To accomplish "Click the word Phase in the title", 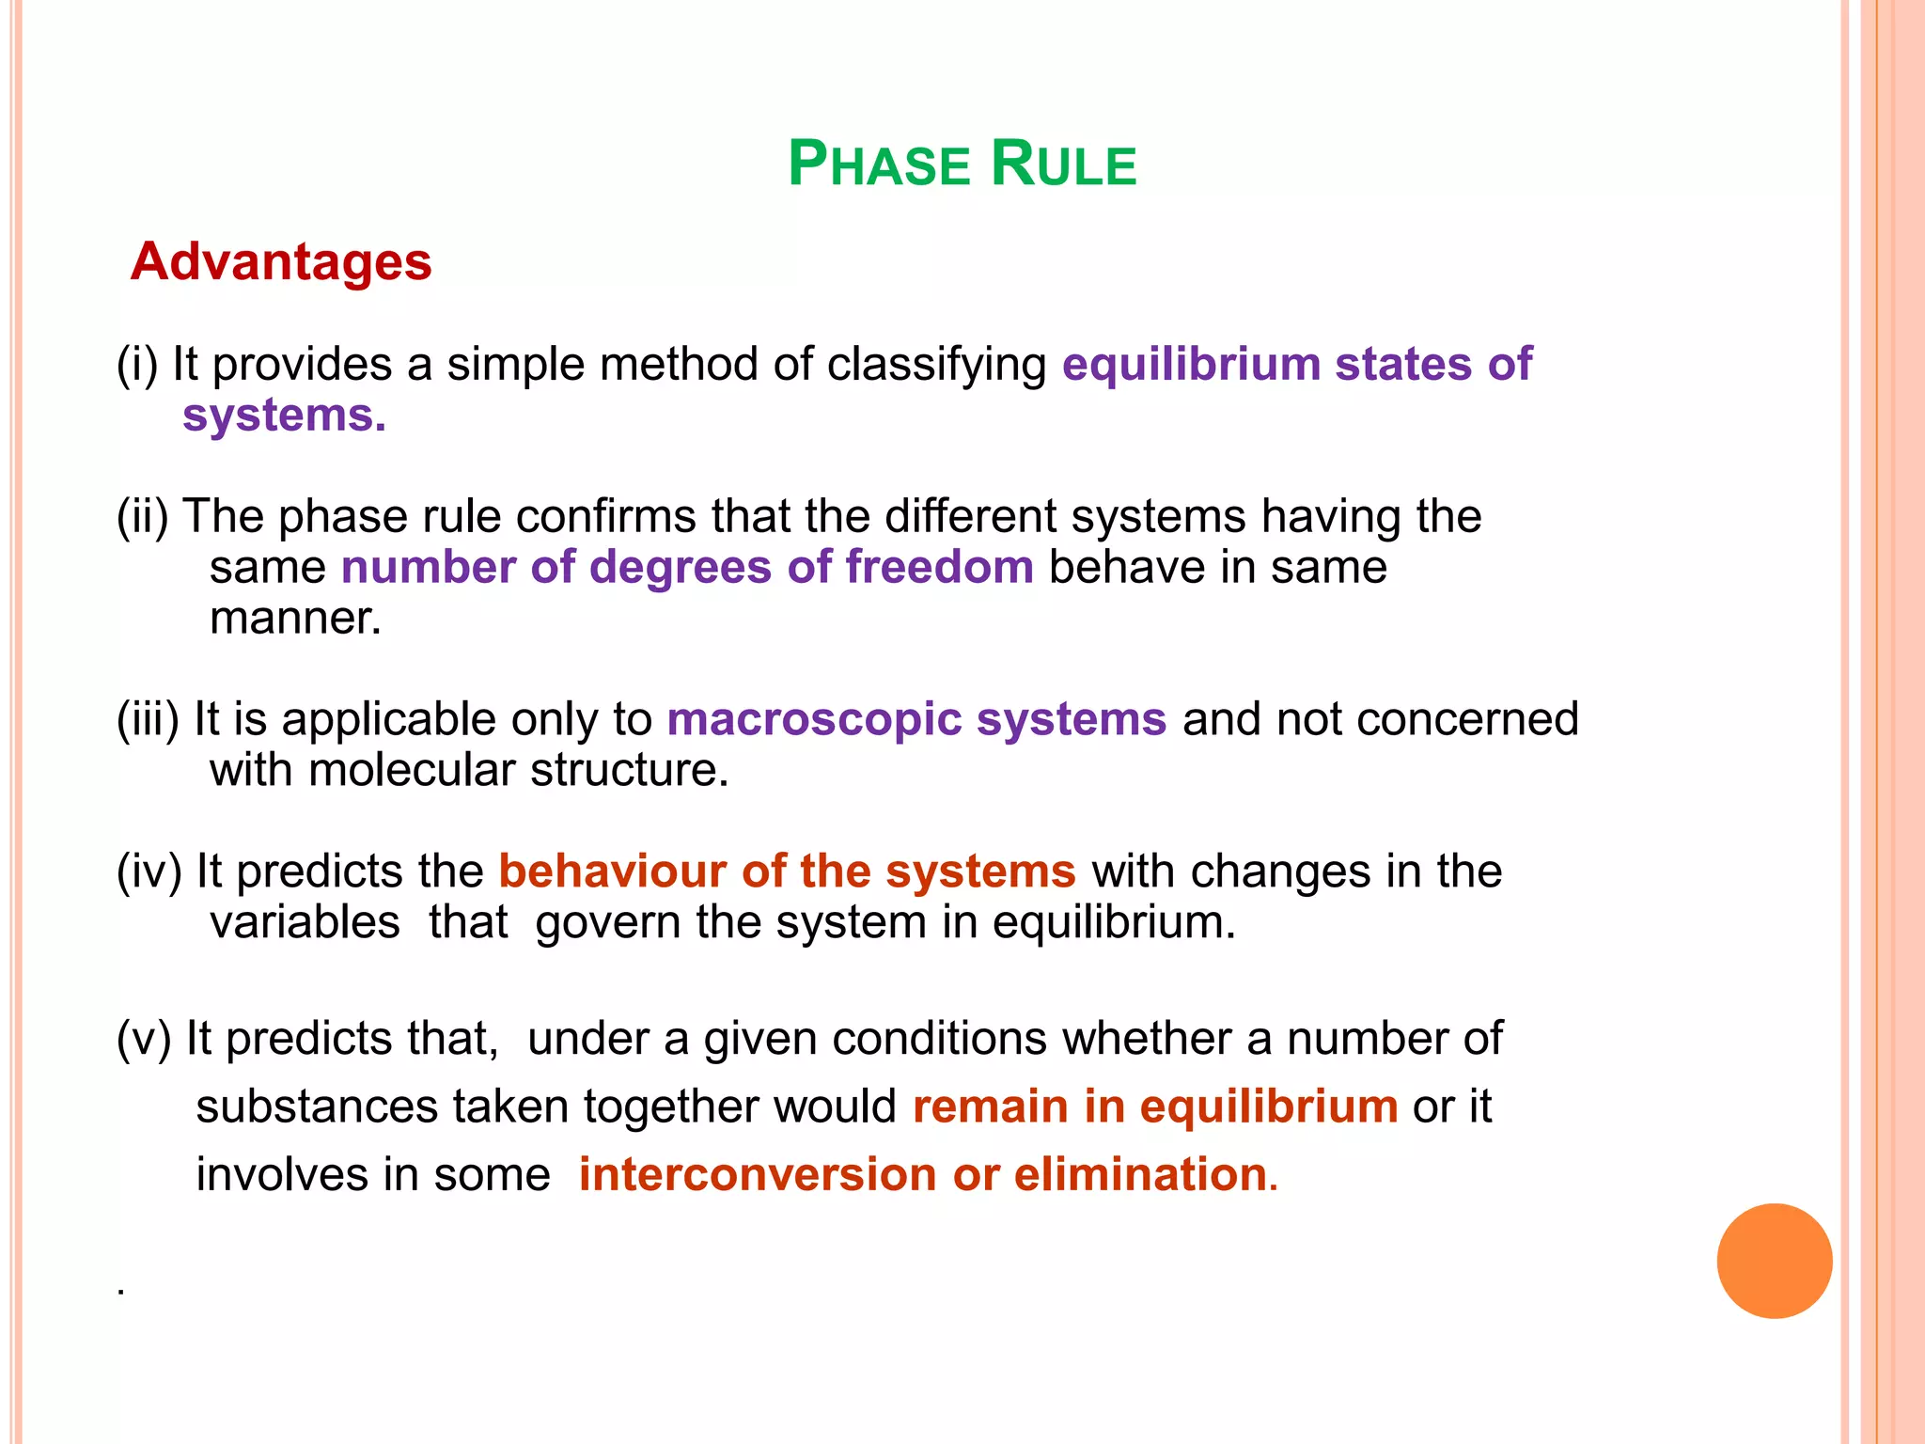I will [x=878, y=165].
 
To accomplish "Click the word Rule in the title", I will [x=1063, y=165].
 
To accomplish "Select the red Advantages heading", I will [x=281, y=261].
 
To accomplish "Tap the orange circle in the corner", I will [x=1774, y=1261].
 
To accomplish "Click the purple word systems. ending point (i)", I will [x=284, y=416].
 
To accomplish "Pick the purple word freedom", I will [x=939, y=567].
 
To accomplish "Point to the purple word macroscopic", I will [x=814, y=719].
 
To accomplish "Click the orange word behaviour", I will [x=612, y=871].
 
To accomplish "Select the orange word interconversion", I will [x=757, y=1174].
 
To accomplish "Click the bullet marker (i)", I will [x=137, y=365].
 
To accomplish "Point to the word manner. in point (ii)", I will [x=295, y=619].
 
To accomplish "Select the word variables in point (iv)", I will [x=305, y=922].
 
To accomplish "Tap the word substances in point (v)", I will [x=316, y=1107].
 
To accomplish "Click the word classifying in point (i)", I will [x=936, y=365].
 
